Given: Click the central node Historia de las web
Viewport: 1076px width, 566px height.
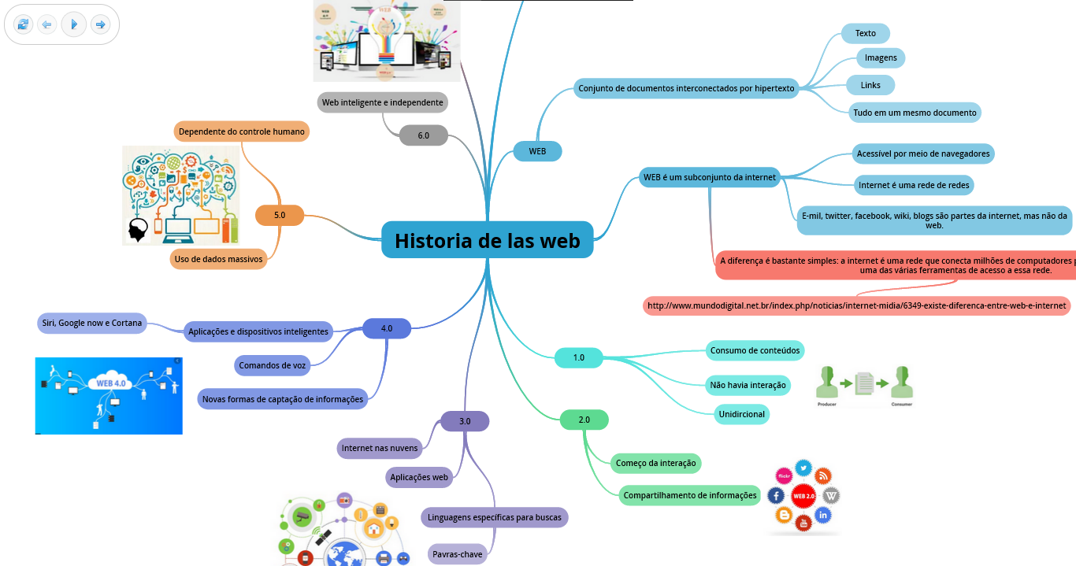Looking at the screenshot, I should [x=487, y=240].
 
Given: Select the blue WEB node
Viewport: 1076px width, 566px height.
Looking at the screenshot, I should [x=537, y=151].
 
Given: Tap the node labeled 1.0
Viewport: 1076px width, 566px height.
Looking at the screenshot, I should [x=578, y=357].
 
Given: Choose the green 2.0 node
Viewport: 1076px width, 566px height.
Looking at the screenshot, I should [x=584, y=420].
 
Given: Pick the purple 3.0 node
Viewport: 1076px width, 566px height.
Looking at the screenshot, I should [x=465, y=421].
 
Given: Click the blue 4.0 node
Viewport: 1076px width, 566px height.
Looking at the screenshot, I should [x=386, y=328].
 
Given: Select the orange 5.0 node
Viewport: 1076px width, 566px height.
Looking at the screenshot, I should [x=280, y=215].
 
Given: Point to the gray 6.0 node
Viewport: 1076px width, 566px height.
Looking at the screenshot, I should [x=423, y=135].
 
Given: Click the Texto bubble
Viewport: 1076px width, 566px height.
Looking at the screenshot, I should [x=865, y=33].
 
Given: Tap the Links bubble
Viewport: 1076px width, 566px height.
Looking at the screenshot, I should [x=870, y=84].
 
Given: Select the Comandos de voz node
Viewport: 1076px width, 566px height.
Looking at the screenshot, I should [x=273, y=365].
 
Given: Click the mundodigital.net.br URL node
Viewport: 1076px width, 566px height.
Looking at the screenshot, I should [x=856, y=305].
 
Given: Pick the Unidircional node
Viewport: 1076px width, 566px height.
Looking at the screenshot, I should [x=741, y=414].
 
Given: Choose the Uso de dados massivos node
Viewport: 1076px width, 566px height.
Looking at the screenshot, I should [x=218, y=259].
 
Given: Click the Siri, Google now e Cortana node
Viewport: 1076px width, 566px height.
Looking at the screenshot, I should [x=91, y=323].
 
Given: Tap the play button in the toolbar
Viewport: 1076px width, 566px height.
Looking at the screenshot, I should [x=73, y=24].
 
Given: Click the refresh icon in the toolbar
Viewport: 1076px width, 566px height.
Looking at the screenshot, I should [x=23, y=24].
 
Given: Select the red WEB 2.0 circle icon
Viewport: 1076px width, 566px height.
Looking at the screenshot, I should [x=803, y=496].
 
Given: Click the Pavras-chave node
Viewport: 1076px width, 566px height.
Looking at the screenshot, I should [x=457, y=554].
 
